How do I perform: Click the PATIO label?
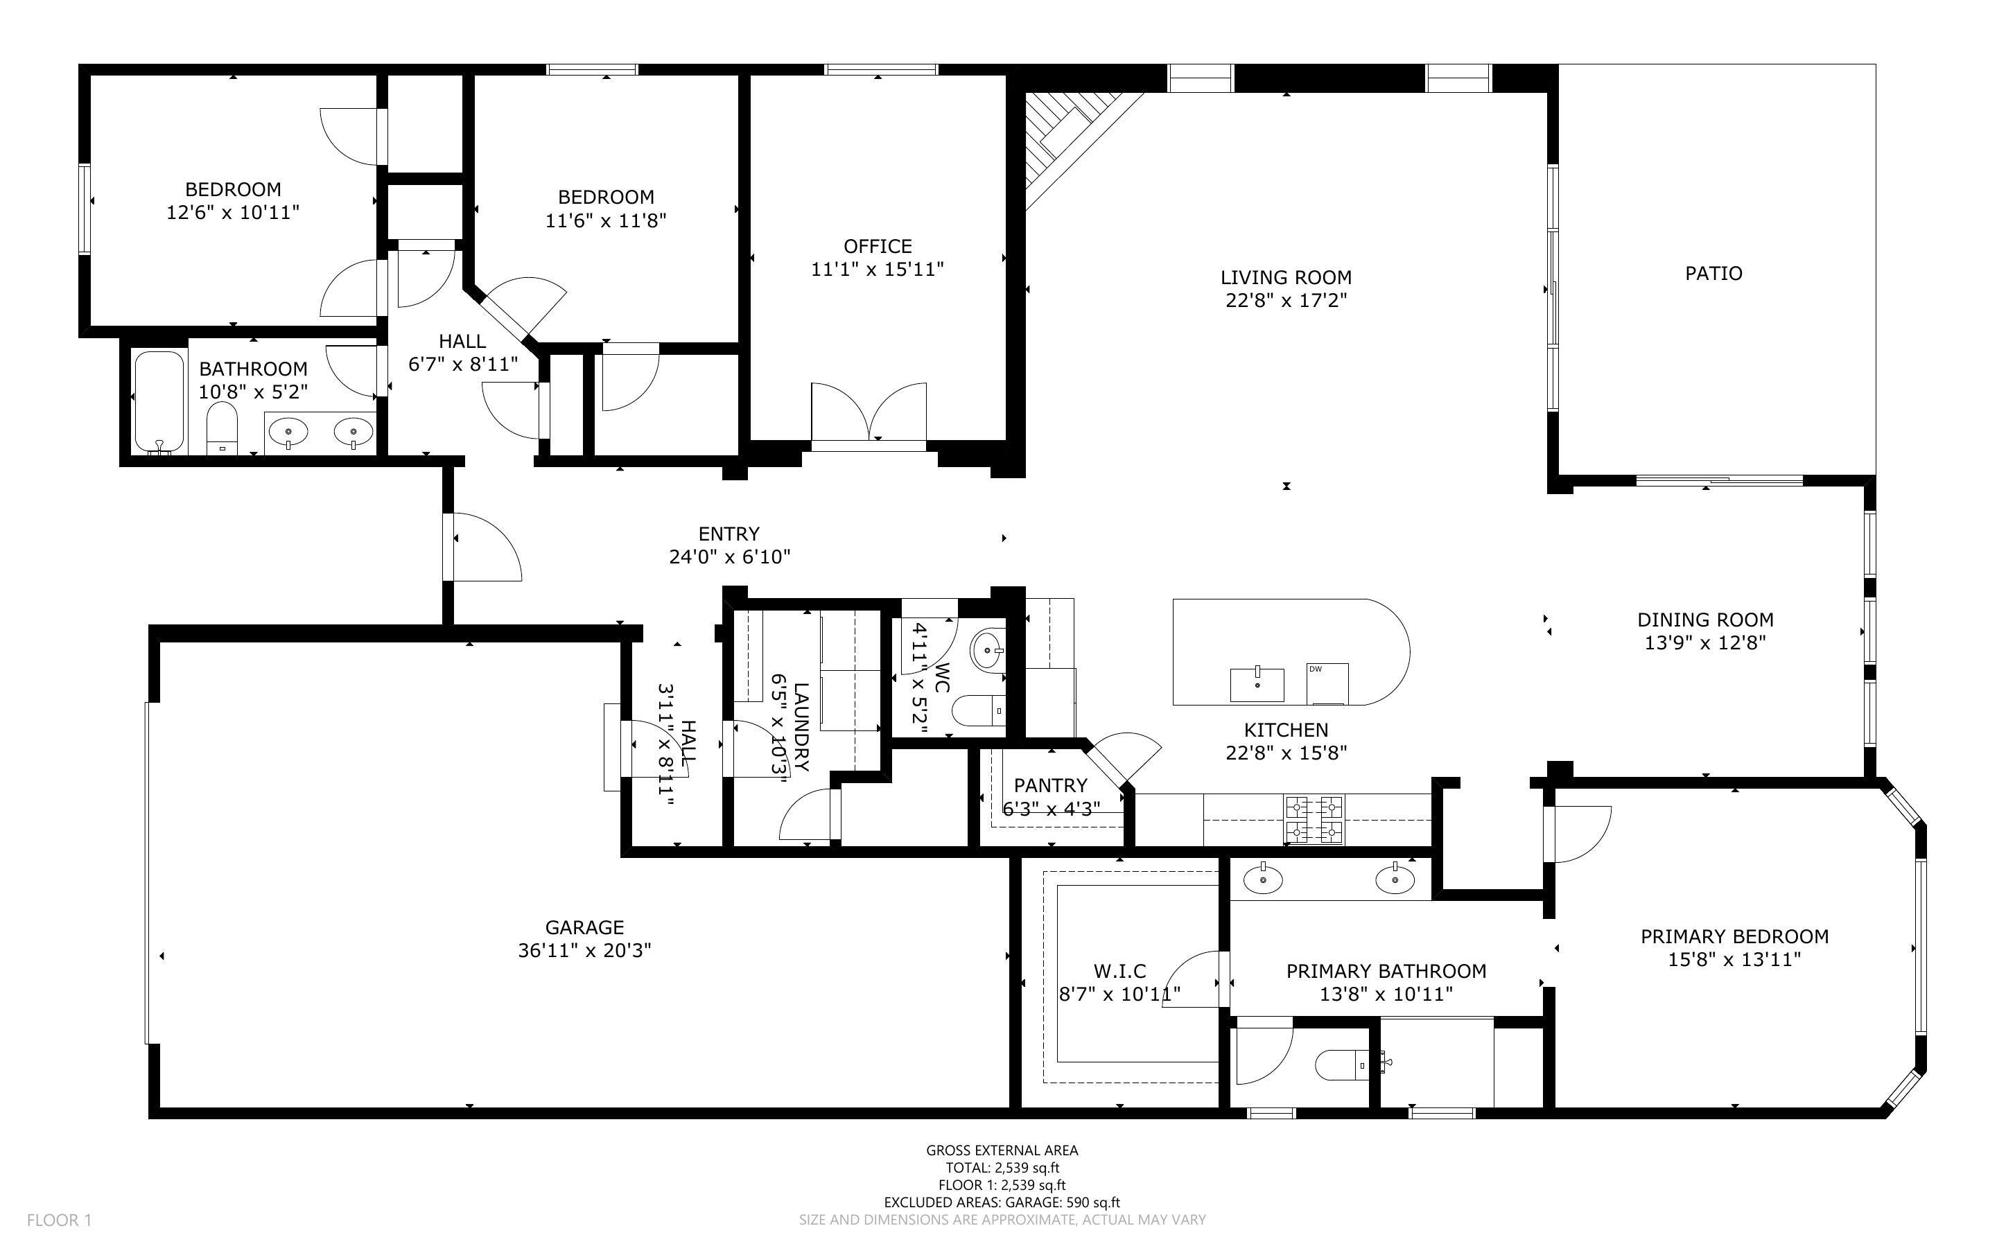(1713, 274)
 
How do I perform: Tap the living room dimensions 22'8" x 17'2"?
(1286, 300)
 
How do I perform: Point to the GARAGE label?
(584, 927)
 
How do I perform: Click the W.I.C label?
(1119, 970)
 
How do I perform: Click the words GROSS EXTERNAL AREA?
(1002, 1150)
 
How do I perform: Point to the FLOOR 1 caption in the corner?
(59, 1220)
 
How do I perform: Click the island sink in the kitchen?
(1257, 684)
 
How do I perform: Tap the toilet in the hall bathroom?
(221, 428)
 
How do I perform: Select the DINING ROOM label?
(1705, 620)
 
